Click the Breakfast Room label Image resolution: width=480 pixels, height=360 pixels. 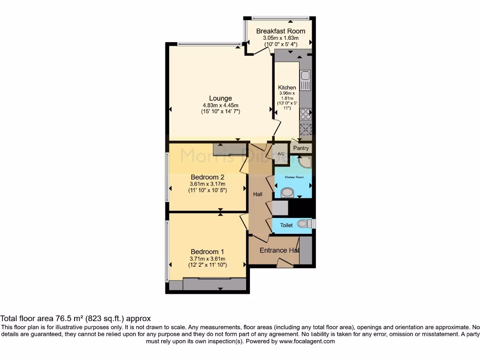(x=280, y=31)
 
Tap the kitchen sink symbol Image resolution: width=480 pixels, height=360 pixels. (x=305, y=81)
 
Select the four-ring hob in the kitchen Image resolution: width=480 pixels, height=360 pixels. (x=305, y=114)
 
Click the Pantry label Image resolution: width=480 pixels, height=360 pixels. (x=301, y=148)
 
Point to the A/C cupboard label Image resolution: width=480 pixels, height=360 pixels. (x=281, y=154)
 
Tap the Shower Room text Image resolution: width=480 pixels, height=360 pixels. (x=293, y=177)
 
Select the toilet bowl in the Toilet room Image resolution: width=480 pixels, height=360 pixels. (x=305, y=224)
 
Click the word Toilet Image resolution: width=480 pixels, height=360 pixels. (x=286, y=225)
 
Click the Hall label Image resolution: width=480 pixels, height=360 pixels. (x=258, y=194)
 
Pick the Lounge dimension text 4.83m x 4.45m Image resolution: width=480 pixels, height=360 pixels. (x=220, y=105)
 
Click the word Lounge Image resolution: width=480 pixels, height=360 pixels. (x=220, y=98)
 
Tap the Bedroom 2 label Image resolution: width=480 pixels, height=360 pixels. (x=207, y=177)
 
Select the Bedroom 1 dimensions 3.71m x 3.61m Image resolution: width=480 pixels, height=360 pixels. (x=207, y=259)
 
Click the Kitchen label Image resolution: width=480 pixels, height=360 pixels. (x=287, y=88)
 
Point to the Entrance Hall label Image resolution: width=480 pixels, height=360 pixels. (x=279, y=250)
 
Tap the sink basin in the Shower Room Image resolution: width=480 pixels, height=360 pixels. (x=287, y=193)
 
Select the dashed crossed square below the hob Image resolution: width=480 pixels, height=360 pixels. (x=305, y=129)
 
